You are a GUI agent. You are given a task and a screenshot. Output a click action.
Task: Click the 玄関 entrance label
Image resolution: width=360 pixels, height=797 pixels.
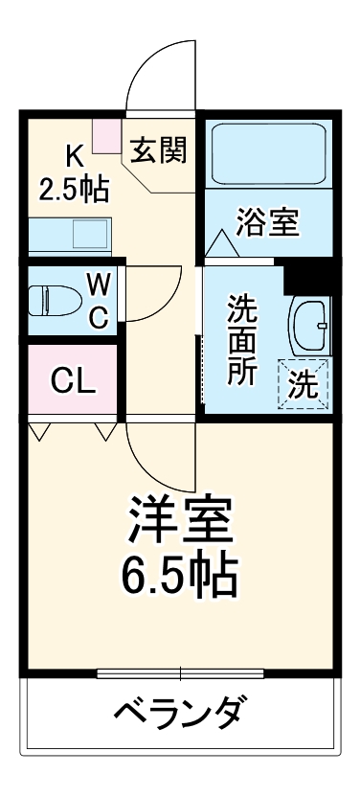[x=159, y=151]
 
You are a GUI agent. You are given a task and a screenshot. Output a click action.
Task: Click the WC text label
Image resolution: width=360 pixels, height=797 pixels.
[x=99, y=300]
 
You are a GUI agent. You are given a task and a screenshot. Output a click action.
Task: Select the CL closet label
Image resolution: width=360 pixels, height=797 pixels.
[x=73, y=381]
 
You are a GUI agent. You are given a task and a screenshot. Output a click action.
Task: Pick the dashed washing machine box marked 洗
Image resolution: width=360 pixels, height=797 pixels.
[x=304, y=384]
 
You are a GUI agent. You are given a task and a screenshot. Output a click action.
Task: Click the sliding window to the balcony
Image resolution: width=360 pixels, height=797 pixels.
[x=180, y=673]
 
